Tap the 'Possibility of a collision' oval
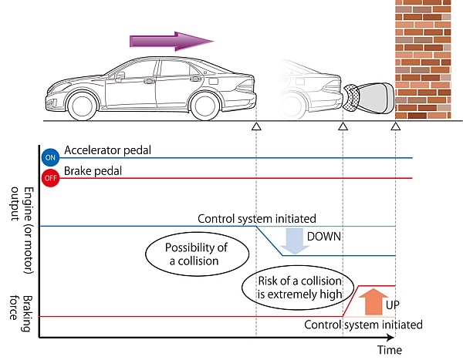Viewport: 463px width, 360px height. pos(185,255)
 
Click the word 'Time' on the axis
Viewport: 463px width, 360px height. pos(389,350)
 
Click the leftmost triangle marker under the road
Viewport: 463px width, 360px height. pos(256,126)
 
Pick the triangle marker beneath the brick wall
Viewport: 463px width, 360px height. pos(396,126)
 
